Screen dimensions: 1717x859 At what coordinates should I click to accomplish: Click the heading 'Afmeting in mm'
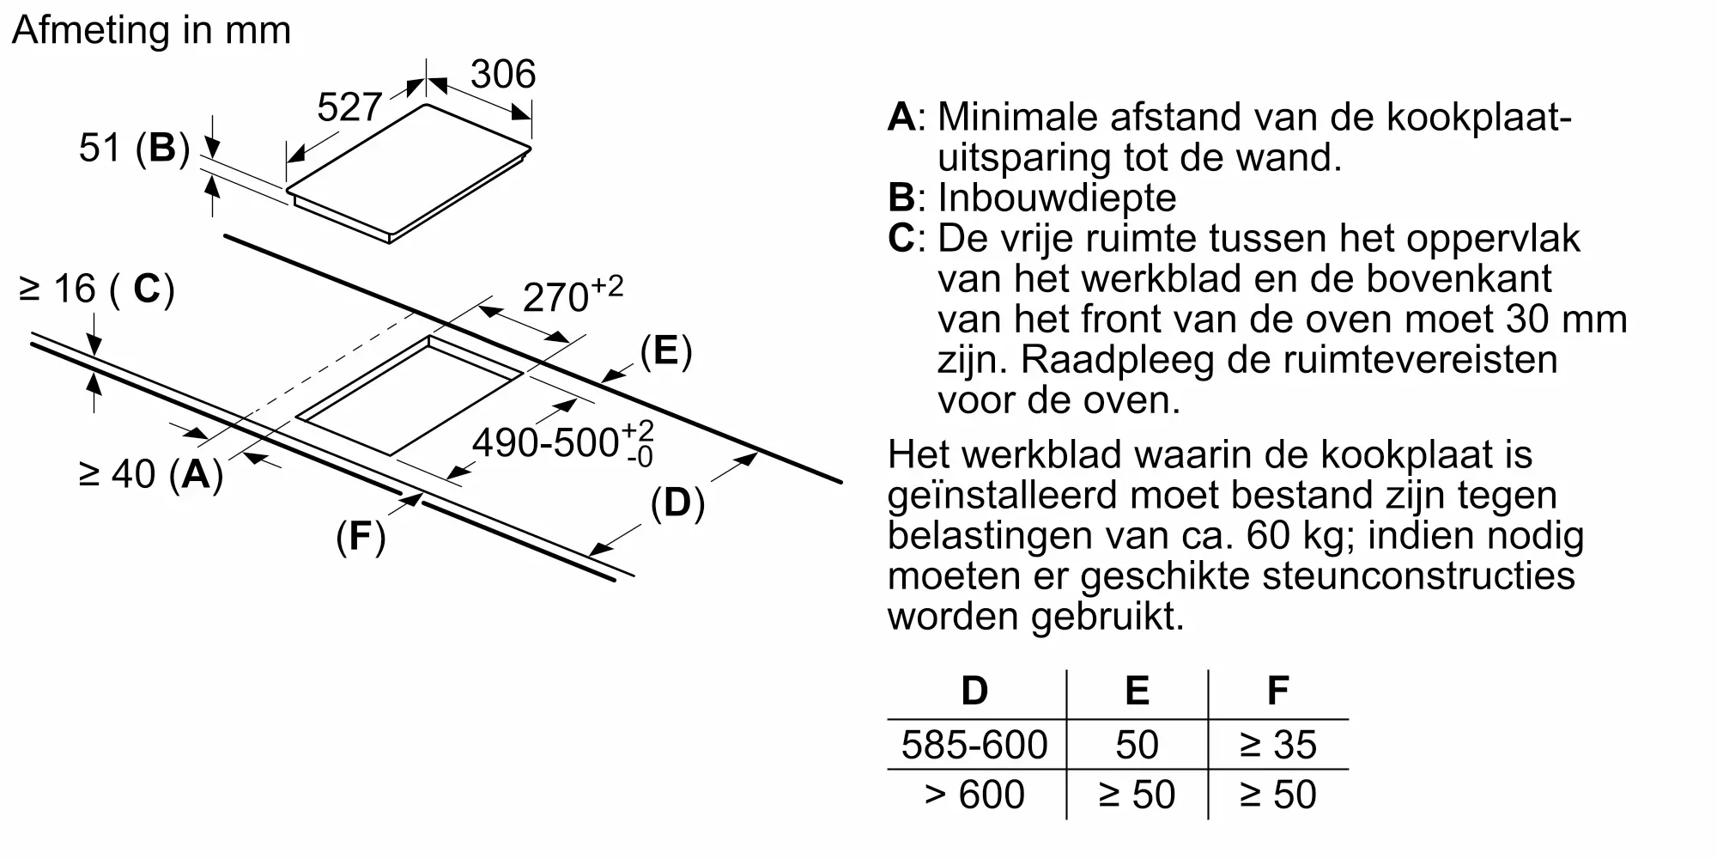pos(152,30)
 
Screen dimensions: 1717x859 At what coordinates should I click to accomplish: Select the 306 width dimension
pos(503,74)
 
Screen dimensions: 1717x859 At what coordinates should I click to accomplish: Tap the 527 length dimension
pos(349,107)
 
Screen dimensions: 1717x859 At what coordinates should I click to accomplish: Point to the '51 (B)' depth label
pos(133,148)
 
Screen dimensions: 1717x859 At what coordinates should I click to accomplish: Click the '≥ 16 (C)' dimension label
pos(96,289)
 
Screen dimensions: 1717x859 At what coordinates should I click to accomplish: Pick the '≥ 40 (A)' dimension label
pos(151,473)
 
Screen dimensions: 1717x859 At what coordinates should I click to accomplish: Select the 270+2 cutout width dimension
pos(572,295)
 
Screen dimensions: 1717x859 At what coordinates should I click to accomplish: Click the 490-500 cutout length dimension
pos(563,443)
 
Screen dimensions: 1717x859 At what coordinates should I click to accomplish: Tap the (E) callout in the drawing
pos(665,351)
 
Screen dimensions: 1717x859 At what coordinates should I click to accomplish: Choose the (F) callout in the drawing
pos(361,537)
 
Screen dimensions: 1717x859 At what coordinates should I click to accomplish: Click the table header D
pos(974,691)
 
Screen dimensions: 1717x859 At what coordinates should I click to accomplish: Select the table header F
pos(1277,691)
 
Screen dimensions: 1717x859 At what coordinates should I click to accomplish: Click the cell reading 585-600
pos(974,745)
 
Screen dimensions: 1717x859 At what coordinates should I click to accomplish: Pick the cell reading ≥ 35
pos(1277,745)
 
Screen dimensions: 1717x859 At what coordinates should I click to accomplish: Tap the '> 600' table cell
pos(974,795)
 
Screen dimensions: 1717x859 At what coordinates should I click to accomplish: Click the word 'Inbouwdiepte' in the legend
pos(1057,198)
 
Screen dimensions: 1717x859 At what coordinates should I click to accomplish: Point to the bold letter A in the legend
pos(901,117)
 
